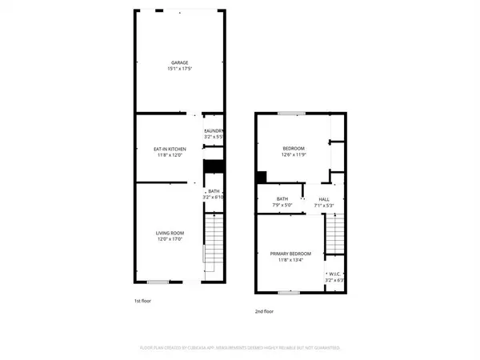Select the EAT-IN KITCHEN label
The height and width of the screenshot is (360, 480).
point(170,147)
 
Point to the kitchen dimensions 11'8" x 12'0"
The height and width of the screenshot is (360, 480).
point(170,154)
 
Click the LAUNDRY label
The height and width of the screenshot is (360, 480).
point(214,130)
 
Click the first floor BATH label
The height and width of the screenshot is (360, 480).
point(214,191)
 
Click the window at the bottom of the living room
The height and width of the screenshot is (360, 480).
point(158,282)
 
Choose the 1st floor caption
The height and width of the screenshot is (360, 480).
point(142,301)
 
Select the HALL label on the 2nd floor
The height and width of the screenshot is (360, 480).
point(324,199)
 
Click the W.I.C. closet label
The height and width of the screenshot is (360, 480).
point(334,274)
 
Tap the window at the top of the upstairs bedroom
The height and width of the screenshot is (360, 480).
point(290,114)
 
